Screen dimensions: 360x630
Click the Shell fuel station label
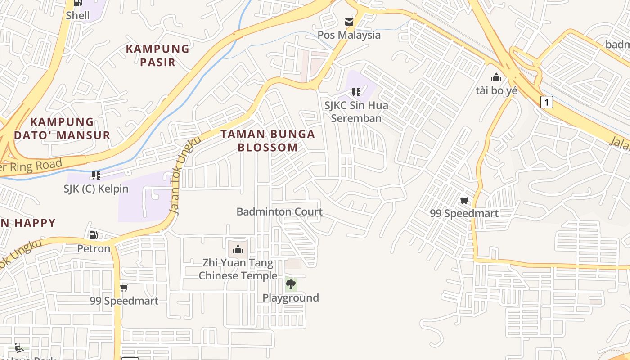click(78, 15)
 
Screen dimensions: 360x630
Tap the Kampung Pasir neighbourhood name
click(157, 55)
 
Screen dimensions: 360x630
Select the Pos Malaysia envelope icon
click(349, 22)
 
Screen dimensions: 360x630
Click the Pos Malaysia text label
click(349, 35)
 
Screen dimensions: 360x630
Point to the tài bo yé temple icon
click(496, 77)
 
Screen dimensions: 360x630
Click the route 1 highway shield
click(546, 102)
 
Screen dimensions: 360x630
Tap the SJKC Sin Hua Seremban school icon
click(356, 92)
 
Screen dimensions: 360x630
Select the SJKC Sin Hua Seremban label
click(356, 112)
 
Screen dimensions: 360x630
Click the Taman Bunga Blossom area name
click(268, 140)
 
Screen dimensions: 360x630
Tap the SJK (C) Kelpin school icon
click(96, 175)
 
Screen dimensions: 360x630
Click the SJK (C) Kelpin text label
click(96, 189)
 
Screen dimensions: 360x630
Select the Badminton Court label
click(279, 211)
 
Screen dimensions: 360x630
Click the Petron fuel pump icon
click(94, 235)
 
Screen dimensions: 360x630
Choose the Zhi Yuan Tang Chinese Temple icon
click(238, 249)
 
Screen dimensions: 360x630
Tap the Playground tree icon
click(291, 284)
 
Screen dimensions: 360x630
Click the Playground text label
click(291, 298)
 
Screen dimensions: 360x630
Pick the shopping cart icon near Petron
click(124, 288)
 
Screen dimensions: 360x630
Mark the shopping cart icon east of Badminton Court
click(464, 200)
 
